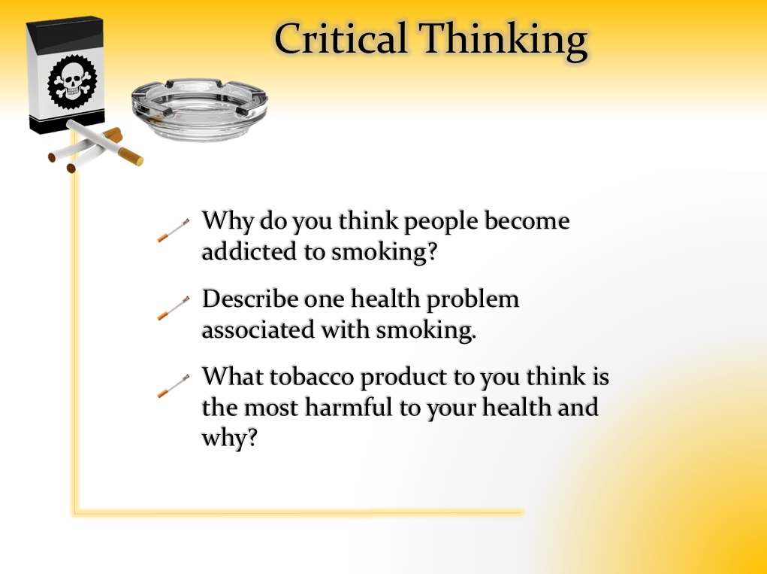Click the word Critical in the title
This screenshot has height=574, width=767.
pos(340,38)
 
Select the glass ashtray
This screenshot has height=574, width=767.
pos(200,109)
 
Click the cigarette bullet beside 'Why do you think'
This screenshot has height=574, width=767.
pos(174,230)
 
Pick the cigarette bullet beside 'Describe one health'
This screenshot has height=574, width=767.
pos(174,308)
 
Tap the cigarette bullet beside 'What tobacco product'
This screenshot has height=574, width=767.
pos(174,386)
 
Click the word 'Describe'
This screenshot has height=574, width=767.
pos(250,298)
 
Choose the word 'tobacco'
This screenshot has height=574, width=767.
pos(312,377)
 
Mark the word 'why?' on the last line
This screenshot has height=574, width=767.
pos(229,437)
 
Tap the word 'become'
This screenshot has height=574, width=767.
pos(527,220)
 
